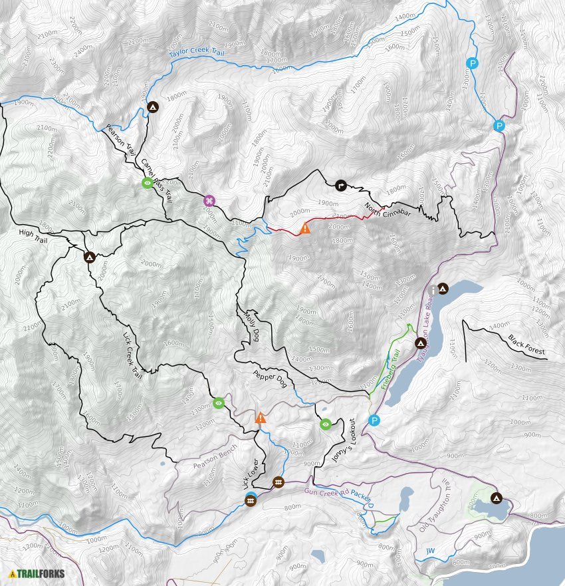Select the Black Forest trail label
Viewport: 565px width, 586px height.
click(x=526, y=346)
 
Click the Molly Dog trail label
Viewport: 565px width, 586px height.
click(x=251, y=326)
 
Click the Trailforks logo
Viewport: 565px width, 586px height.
click(x=33, y=573)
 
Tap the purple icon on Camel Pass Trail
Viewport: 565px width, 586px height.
click(x=209, y=201)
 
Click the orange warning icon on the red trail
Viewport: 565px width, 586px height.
click(x=305, y=228)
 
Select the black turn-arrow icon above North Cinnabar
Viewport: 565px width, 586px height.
click(x=342, y=187)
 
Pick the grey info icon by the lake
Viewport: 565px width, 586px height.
click(x=433, y=290)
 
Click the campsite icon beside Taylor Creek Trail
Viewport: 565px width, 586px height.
click(x=152, y=106)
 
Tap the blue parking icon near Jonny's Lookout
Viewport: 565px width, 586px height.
click(x=375, y=420)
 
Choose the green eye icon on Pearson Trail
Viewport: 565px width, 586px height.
click(x=147, y=183)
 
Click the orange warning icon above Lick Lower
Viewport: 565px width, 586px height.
click(x=261, y=418)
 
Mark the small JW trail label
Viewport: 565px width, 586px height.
click(x=431, y=551)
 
